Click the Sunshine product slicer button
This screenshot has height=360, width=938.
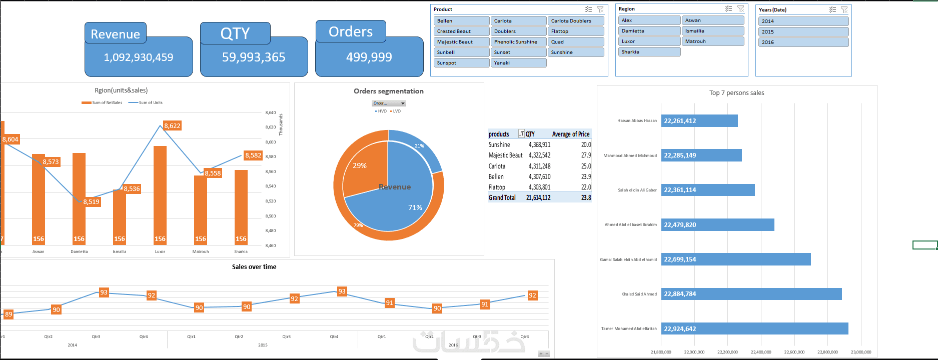point(576,52)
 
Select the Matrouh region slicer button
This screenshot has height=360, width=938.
point(712,41)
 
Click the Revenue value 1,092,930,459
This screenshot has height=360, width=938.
point(139,57)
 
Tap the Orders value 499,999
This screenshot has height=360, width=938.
point(369,57)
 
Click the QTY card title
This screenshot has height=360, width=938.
point(235,33)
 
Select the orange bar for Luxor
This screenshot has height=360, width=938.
point(160,195)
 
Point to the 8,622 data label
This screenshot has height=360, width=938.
point(172,126)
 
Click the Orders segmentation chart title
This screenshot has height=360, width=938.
point(389,91)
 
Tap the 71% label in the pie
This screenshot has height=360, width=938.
point(415,207)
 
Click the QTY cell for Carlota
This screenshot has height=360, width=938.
point(539,166)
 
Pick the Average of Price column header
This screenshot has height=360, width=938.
point(570,134)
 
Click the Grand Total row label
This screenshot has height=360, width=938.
point(502,197)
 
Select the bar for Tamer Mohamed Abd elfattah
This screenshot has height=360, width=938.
point(754,328)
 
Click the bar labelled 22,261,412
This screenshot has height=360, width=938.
point(699,120)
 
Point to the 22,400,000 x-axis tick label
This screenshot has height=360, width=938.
point(760,352)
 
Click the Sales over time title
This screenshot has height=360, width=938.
point(254,266)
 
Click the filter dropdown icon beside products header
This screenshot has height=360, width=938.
point(521,133)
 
